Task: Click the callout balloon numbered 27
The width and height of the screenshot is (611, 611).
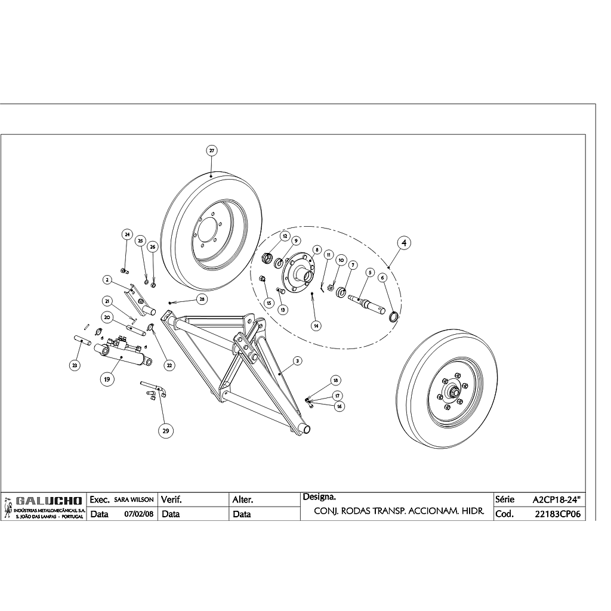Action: (212, 150)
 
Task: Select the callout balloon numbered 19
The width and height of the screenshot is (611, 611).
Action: (107, 378)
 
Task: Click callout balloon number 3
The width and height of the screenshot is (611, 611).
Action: (297, 360)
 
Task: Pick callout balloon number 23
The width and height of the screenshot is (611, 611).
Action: (75, 365)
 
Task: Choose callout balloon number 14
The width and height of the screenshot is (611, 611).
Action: (316, 325)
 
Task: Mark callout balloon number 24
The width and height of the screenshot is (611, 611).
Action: (126, 234)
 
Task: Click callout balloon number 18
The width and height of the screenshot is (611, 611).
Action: (335, 380)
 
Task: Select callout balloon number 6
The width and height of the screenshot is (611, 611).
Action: (382, 277)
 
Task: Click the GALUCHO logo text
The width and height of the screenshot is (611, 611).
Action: (45, 500)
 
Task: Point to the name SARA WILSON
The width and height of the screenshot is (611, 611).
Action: (134, 499)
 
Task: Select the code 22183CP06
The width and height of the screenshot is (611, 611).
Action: (558, 514)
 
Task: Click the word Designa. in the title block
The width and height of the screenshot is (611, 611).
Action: (319, 496)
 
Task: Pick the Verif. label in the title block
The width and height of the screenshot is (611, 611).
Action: (171, 499)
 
